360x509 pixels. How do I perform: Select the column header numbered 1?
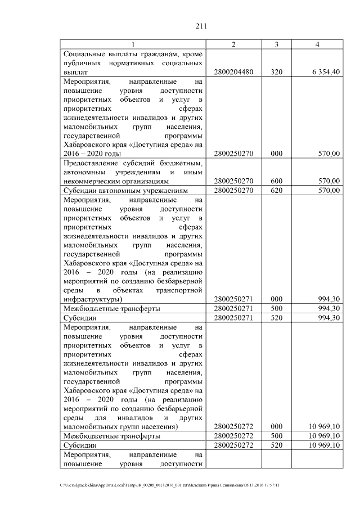pyautogui.click(x=133, y=44)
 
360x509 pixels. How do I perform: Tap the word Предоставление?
pyautogui.click(x=93, y=163)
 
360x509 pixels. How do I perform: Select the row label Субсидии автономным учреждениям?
pyautogui.click(x=123, y=190)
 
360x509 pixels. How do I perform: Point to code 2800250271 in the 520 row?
pyautogui.click(x=233, y=317)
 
